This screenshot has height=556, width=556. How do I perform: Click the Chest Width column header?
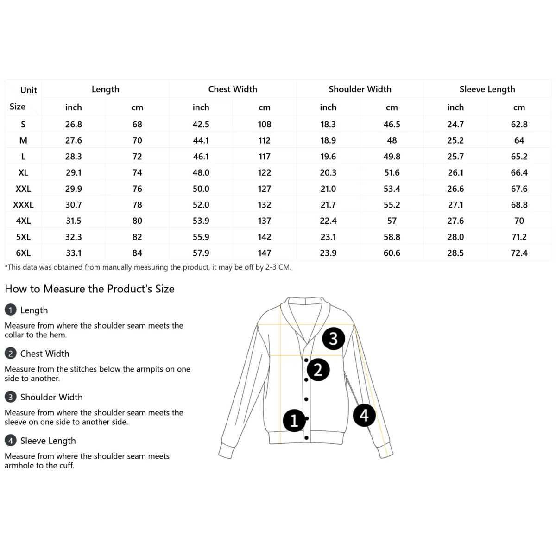(x=233, y=89)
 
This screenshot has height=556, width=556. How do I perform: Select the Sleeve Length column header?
(x=487, y=89)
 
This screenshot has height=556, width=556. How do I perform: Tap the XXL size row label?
(x=23, y=189)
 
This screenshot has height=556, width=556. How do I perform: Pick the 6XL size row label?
(x=23, y=253)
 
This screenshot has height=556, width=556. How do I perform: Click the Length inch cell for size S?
(x=74, y=124)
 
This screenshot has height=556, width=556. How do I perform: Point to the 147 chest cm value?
(x=265, y=253)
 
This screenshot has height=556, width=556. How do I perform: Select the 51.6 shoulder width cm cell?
(x=392, y=172)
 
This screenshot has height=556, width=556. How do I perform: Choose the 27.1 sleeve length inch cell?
(x=455, y=205)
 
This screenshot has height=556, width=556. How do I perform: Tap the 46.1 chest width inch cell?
(x=201, y=157)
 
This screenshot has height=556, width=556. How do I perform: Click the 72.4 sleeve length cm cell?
(x=519, y=253)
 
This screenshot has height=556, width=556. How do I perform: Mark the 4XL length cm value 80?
(x=137, y=221)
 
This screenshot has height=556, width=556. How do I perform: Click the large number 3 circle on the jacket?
(x=334, y=339)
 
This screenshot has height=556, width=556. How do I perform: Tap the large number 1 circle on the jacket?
(x=294, y=421)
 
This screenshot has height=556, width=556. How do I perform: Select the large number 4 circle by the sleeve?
(x=364, y=415)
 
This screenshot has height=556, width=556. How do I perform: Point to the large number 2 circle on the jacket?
(x=318, y=370)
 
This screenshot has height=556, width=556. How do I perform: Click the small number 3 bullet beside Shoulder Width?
(x=10, y=397)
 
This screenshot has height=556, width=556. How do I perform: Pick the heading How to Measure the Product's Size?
(x=89, y=289)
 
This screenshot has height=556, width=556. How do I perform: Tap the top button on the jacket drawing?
(x=306, y=360)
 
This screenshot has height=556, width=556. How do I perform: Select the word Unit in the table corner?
(x=29, y=90)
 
